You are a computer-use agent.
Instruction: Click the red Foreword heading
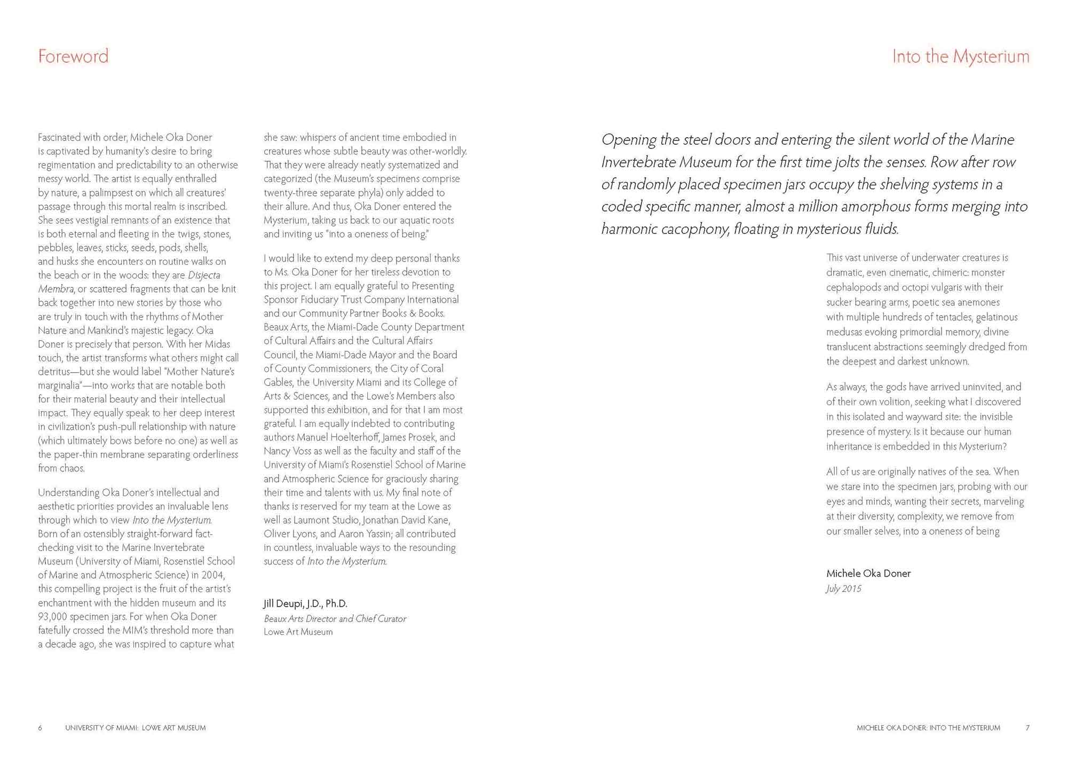coord(73,56)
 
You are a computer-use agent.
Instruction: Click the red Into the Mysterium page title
coord(960,56)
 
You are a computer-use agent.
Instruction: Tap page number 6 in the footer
coord(40,728)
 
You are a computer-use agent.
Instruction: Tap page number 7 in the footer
coord(1027,728)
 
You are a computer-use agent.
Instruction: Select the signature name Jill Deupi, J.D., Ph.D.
coord(305,604)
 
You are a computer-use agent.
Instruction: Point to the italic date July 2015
coord(843,589)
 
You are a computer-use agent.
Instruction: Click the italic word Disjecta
coord(204,276)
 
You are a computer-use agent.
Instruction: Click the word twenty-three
coord(291,193)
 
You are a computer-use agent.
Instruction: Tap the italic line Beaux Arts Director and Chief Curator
coord(335,619)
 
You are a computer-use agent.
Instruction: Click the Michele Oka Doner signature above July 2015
coord(868,573)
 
